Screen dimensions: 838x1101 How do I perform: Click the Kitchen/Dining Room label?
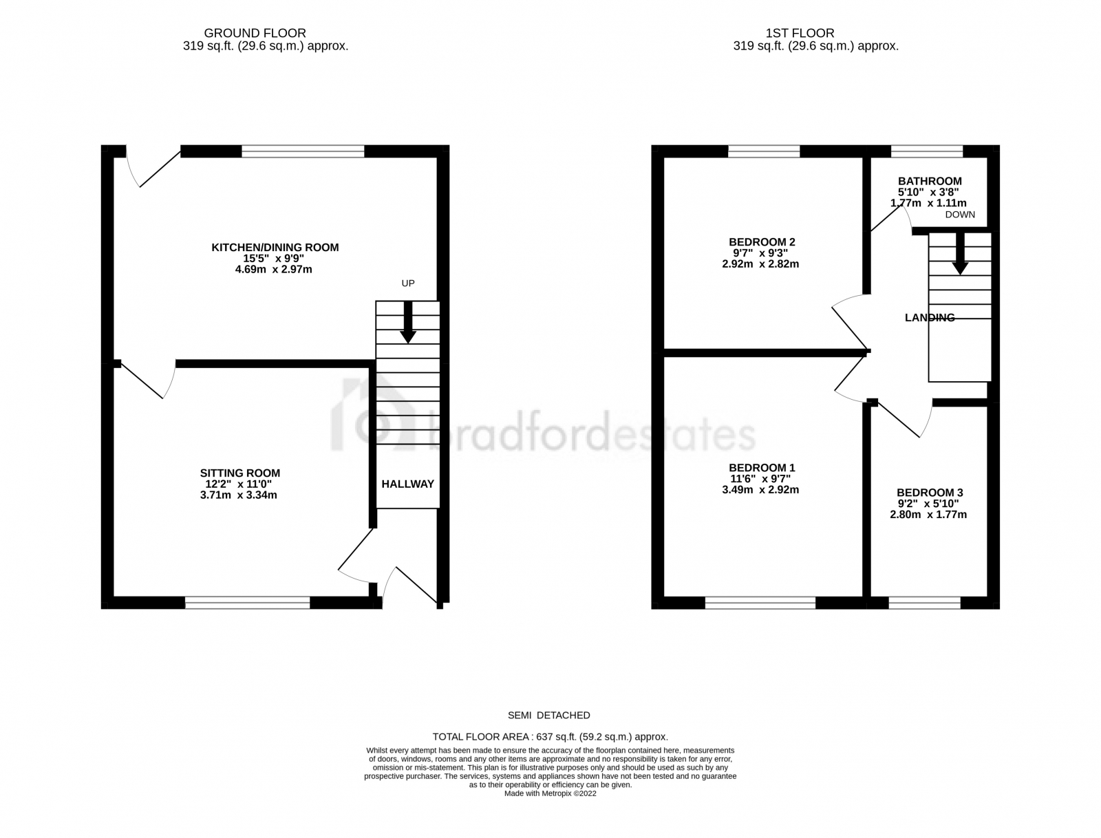tap(275, 248)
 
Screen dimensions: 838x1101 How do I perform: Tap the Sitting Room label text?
tap(240, 473)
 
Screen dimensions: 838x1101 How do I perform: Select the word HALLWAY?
tap(408, 484)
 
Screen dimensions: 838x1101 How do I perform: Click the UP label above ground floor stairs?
tap(408, 283)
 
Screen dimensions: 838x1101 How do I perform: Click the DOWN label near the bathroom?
tap(960, 215)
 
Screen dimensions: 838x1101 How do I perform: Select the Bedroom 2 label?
tap(762, 242)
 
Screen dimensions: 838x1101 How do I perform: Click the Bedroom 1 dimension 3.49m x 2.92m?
tap(761, 491)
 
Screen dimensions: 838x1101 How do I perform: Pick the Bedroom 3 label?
tap(930, 493)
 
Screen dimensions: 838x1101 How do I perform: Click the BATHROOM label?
tap(929, 182)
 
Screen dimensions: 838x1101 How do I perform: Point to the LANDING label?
tap(930, 318)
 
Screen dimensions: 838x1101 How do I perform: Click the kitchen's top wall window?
tap(303, 151)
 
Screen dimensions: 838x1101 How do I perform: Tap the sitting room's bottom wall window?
tap(248, 603)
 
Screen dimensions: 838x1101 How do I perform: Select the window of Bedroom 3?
tap(924, 603)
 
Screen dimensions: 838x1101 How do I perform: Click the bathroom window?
tap(926, 151)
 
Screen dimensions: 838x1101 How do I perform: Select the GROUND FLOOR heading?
tap(255, 33)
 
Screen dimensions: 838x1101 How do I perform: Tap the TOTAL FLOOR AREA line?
tap(550, 736)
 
